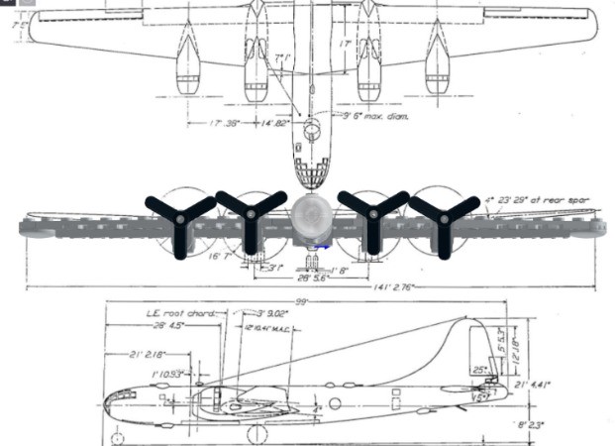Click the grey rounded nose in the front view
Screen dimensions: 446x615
pos(312,213)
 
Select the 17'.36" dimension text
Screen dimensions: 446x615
pos(229,123)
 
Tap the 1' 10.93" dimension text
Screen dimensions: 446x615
pos(170,374)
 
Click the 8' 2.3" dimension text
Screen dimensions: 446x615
pos(532,425)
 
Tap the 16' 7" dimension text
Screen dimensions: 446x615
pos(220,257)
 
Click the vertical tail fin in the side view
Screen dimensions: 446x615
pos(465,347)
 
